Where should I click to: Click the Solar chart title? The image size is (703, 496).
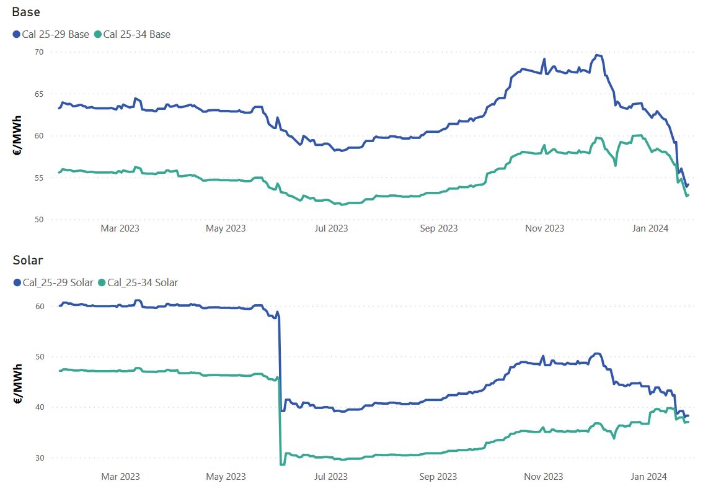pyautogui.click(x=27, y=260)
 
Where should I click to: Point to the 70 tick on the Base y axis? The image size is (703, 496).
pyautogui.click(x=38, y=52)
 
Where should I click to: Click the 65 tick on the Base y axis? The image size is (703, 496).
pyautogui.click(x=38, y=94)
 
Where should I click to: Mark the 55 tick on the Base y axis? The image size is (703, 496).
pyautogui.click(x=38, y=178)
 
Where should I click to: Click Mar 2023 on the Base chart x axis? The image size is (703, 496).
pyautogui.click(x=120, y=228)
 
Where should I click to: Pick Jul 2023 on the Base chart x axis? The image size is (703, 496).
pyautogui.click(x=332, y=228)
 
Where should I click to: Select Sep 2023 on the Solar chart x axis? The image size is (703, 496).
pyautogui.click(x=438, y=476)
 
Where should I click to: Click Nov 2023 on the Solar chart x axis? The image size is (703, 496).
pyautogui.click(x=544, y=476)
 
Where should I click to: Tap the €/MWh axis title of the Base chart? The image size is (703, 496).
pyautogui.click(x=18, y=135)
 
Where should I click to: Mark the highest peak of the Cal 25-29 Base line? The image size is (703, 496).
pyautogui.click(x=597, y=55)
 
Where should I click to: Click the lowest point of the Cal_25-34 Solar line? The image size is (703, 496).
pyautogui.click(x=283, y=464)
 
